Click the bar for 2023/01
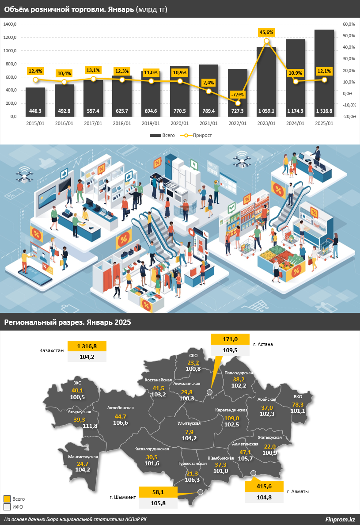click(266, 82)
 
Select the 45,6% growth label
click(266, 32)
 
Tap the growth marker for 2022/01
click(238, 103)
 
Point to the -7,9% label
click(238, 95)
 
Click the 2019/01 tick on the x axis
click(151, 123)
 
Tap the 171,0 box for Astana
click(231, 339)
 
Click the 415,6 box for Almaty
click(264, 486)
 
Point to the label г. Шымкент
click(123, 497)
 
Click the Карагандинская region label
click(231, 411)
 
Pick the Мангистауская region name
click(83, 457)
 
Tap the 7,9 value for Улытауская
click(189, 432)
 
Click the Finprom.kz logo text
click(340, 519)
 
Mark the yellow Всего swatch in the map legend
click(7, 498)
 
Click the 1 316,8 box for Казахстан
click(87, 346)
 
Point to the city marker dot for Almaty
click(254, 474)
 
